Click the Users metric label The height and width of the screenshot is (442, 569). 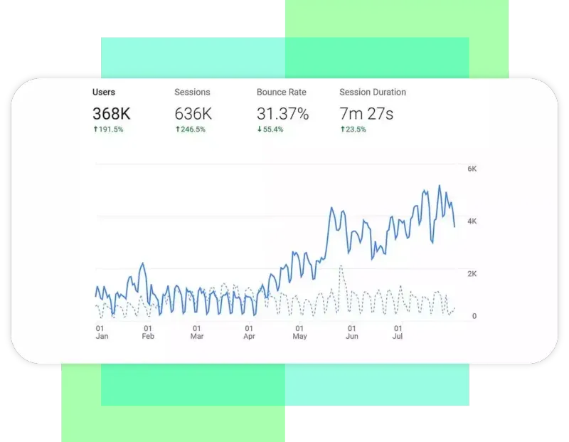coord(104,92)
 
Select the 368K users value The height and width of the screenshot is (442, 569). coord(112,113)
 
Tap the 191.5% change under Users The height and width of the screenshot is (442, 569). coord(108,130)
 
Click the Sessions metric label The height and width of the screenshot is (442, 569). coord(192,92)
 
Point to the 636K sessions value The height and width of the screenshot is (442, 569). coord(193,113)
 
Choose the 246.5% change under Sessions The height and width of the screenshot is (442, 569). coord(190,130)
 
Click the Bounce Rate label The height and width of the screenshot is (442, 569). coord(282,92)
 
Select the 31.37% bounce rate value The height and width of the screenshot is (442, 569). coord(282,113)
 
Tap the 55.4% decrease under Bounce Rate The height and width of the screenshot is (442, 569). coord(272,130)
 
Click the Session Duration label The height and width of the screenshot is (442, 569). coord(373,92)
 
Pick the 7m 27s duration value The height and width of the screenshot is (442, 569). coord(366,113)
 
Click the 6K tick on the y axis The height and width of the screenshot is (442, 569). coord(472,169)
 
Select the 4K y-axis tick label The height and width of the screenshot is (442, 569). coord(472,221)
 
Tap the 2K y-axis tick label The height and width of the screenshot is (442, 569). coord(472,273)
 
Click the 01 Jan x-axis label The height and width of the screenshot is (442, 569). coord(102,332)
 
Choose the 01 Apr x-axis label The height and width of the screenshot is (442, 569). coord(249,332)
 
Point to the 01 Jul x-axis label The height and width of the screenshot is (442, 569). coord(397,332)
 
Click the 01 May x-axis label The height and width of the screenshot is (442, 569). coord(299,332)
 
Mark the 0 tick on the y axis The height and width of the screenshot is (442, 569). coord(474,316)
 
